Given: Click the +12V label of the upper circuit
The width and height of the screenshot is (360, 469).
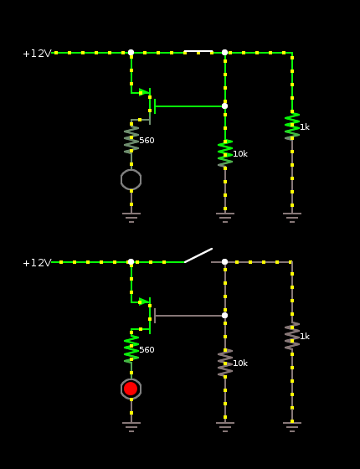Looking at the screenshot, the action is click(x=37, y=54).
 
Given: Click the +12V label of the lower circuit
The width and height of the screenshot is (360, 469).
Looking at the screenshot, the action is click(x=37, y=263).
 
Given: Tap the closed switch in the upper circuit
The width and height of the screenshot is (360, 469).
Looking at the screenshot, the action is click(x=198, y=51).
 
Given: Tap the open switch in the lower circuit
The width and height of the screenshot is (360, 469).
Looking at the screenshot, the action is click(x=198, y=255).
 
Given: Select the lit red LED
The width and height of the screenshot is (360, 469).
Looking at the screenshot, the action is click(x=131, y=389).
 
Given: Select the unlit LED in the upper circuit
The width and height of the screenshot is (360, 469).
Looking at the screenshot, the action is click(x=131, y=179).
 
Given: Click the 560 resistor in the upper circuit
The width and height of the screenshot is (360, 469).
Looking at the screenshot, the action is click(x=131, y=140).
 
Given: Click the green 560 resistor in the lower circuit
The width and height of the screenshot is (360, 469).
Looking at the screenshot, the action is click(x=131, y=349).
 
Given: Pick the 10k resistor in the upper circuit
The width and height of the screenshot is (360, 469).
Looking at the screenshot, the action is click(x=225, y=153).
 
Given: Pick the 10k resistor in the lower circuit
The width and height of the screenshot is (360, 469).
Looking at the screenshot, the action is click(x=225, y=363).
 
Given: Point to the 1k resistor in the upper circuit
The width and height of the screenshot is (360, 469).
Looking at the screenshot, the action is click(x=292, y=126).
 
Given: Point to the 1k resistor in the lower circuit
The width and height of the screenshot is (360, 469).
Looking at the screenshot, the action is click(x=292, y=336).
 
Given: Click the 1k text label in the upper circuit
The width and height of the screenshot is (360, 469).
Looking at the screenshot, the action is click(x=305, y=127).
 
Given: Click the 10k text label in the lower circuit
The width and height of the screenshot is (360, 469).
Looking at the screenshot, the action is click(x=240, y=363).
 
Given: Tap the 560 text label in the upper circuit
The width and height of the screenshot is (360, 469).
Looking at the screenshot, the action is click(x=147, y=141).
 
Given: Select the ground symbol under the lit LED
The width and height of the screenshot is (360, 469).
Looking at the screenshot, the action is click(x=131, y=427).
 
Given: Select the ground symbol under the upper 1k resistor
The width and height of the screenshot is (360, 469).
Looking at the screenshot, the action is click(x=292, y=218).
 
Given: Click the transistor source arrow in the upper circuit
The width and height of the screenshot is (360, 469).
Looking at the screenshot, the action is click(x=144, y=92).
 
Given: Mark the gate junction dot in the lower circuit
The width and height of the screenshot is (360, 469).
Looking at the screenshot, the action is click(x=225, y=315).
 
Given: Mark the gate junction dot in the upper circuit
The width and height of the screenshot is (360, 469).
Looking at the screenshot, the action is click(x=225, y=106).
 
